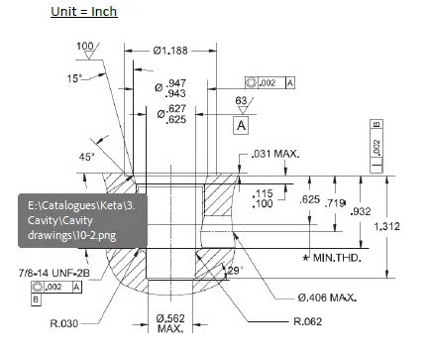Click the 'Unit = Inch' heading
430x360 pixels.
tap(84, 12)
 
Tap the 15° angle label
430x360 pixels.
tap(74, 78)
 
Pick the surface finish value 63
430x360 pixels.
tap(241, 101)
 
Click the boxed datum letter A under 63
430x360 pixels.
tap(241, 126)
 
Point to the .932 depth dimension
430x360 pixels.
tap(362, 211)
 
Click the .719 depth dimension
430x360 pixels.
tap(336, 202)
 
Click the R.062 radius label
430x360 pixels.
tap(310, 323)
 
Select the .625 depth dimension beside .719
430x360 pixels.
tap(309, 200)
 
